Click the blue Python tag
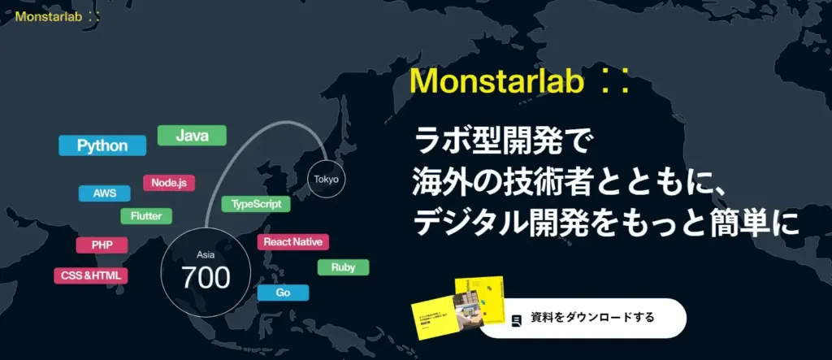[102, 145]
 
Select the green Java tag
[192, 136]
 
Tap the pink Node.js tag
[169, 183]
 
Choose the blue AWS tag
[105, 193]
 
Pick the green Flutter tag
[146, 216]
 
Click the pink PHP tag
[102, 245]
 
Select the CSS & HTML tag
[91, 276]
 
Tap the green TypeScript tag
[256, 205]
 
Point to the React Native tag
[292, 242]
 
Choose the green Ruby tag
[344, 267]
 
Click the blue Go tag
[283, 293]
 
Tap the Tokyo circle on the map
[327, 180]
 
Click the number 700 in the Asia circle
[206, 277]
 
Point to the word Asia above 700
[206, 255]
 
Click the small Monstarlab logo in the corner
[58, 16]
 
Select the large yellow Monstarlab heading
[520, 82]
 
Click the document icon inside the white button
[517, 320]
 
